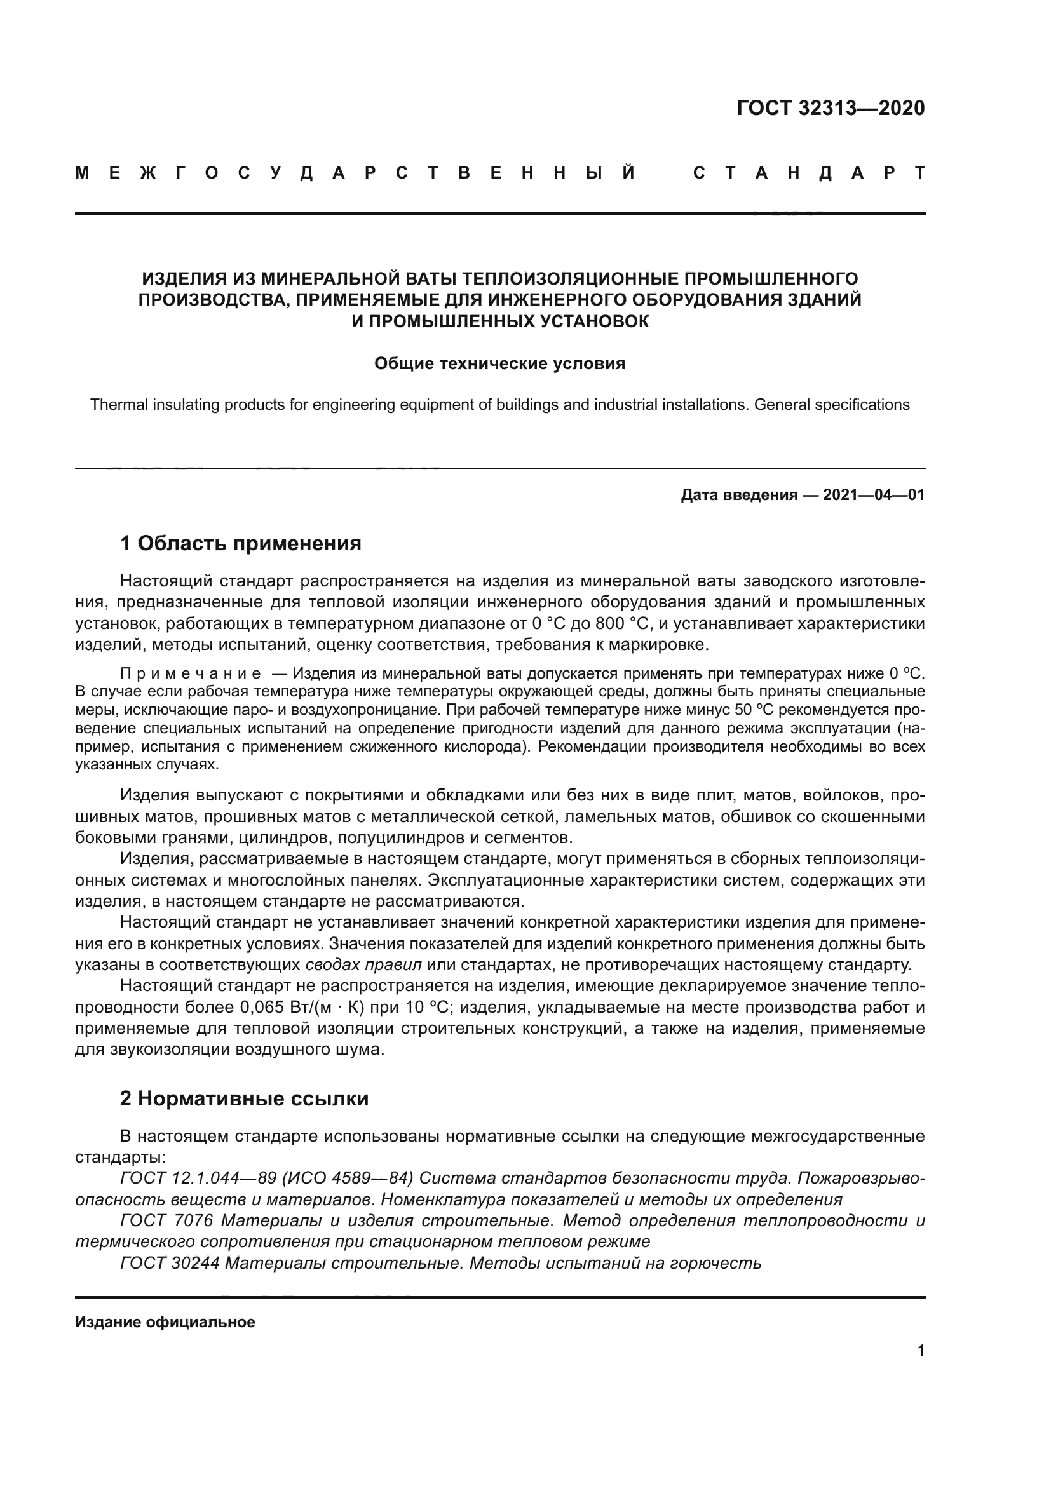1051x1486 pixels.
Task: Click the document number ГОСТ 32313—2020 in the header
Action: tap(831, 108)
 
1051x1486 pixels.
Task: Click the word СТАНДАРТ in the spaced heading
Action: tap(809, 173)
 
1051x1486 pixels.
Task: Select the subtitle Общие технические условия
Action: tap(499, 364)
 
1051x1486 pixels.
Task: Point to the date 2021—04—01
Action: tap(874, 496)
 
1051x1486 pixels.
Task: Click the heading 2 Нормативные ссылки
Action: tap(245, 1099)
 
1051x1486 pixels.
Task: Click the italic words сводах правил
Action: tap(363, 965)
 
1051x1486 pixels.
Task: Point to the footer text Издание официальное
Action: tap(165, 1322)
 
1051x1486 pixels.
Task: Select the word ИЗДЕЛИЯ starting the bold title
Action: tap(173, 279)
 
